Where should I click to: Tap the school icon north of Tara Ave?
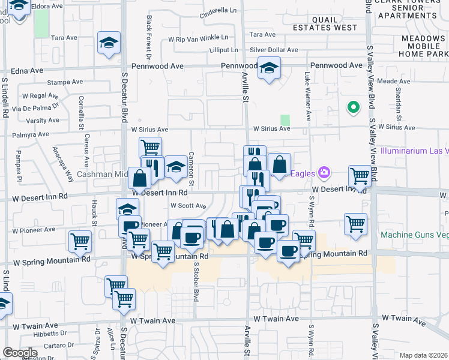pos(109,43)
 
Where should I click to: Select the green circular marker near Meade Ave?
pos(354,108)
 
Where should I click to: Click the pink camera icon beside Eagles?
pos(325,173)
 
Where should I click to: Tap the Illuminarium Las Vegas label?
pos(414,151)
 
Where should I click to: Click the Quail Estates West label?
pos(325,23)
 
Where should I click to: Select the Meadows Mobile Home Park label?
pos(415,47)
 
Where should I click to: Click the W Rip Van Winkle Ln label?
pos(194,38)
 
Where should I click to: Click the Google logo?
pos(20,353)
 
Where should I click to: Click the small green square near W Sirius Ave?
pos(285,120)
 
